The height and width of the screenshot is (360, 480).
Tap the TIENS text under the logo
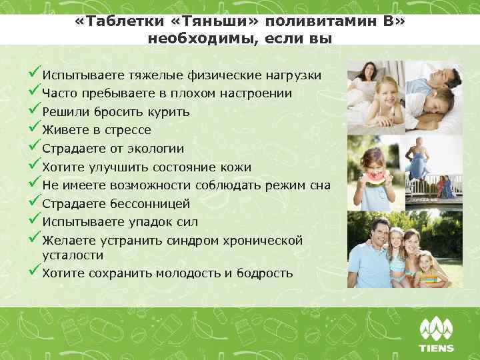tap(437, 348)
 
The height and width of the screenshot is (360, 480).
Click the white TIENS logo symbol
tap(437, 329)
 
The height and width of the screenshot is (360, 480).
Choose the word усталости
tap(73, 255)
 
